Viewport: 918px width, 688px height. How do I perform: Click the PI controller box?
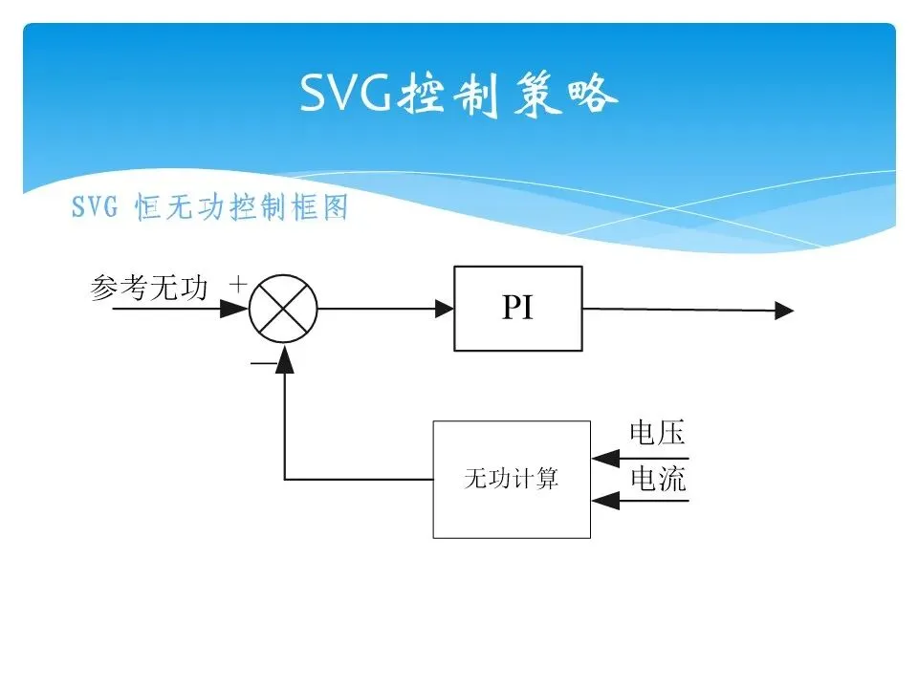(517, 309)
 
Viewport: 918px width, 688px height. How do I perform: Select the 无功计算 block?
(512, 479)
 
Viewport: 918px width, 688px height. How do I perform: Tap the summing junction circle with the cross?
(283, 309)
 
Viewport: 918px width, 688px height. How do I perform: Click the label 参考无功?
(149, 288)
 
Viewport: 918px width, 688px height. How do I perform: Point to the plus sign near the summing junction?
(238, 284)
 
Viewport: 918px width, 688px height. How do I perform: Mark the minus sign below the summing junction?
(259, 364)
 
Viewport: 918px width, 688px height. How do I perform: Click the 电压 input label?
(658, 434)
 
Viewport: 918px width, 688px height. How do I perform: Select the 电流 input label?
(658, 479)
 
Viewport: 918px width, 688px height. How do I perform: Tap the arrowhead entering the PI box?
(445, 309)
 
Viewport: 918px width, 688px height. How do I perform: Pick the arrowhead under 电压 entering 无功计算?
(601, 459)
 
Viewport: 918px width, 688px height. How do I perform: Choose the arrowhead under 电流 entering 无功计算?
(601, 501)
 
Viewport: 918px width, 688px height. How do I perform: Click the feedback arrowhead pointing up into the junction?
(284, 356)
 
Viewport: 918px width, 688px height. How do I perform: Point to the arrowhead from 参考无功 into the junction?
(234, 309)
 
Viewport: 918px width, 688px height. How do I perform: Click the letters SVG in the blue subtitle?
(94, 208)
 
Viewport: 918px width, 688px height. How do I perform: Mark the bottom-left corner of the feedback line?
(284, 479)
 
